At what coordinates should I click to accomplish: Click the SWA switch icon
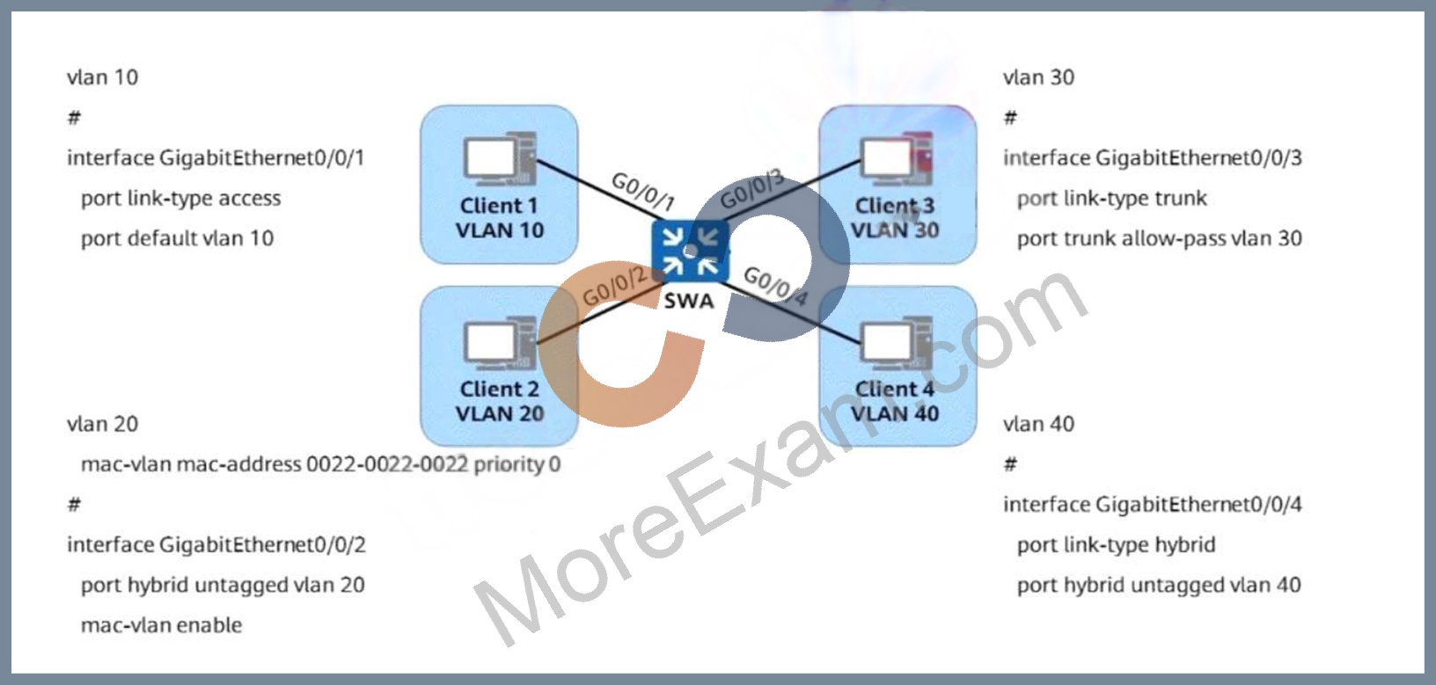690,251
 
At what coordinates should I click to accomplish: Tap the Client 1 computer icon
500,158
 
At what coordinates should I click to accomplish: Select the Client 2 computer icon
500,343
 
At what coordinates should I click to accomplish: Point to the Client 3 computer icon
897,158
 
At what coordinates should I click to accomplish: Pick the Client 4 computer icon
897,343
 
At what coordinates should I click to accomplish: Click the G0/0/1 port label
643,191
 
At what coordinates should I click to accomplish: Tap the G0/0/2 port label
615,287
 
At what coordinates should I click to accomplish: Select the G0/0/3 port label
752,190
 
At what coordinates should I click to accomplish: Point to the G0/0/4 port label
776,286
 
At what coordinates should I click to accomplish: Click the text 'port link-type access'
180,199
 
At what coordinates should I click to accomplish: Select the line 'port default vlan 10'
177,238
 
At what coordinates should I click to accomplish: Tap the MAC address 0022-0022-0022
386,464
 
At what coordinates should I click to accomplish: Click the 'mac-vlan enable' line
162,625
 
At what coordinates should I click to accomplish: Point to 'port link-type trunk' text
1111,199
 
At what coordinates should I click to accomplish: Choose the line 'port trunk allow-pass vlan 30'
1159,238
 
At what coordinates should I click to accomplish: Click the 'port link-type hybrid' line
1116,544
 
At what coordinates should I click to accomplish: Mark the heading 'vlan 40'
1038,424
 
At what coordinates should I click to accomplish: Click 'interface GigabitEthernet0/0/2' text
216,544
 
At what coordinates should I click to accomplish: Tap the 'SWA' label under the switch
688,301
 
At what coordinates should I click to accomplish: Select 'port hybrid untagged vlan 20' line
223,585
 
